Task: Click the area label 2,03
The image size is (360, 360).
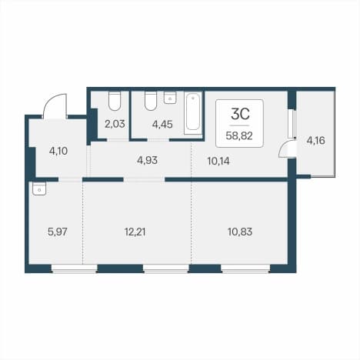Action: tap(115, 124)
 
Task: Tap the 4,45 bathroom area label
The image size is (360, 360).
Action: tap(162, 125)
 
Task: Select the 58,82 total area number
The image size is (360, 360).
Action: tap(239, 135)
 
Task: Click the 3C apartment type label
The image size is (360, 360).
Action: tap(240, 115)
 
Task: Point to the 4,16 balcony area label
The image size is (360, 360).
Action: tap(316, 141)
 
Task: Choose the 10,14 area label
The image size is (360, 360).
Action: tap(218, 162)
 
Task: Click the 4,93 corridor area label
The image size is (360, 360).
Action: tap(147, 161)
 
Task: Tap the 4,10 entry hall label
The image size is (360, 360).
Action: tap(58, 151)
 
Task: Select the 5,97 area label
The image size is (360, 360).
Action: tap(58, 232)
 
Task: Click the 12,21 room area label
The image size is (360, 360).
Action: tap(135, 232)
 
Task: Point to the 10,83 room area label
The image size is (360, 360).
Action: tap(240, 232)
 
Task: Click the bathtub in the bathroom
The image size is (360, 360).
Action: tap(193, 113)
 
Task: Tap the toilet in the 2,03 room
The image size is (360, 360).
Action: tap(115, 101)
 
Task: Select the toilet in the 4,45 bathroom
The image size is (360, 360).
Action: tap(151, 101)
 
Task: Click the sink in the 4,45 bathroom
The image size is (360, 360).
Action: tap(170, 98)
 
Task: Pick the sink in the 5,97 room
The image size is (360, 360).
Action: tap(39, 189)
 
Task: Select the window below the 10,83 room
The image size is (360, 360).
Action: tap(245, 268)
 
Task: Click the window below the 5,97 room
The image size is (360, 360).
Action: tap(75, 268)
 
